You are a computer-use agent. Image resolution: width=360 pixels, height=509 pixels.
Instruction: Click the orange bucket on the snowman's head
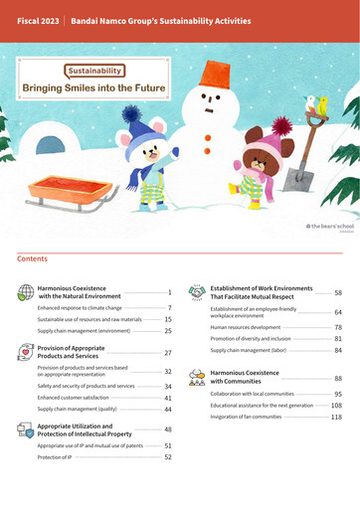click(x=217, y=74)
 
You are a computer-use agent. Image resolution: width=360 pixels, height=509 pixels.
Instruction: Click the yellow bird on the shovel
click(x=320, y=104)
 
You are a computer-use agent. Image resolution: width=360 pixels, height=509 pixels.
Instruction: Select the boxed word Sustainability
click(x=95, y=71)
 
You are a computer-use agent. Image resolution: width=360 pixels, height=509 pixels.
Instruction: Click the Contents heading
click(x=32, y=258)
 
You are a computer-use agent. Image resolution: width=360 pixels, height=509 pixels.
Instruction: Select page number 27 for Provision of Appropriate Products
click(x=169, y=353)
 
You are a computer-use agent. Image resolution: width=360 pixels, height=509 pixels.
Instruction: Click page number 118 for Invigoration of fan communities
click(x=336, y=418)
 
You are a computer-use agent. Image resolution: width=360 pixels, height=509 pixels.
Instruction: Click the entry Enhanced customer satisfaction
click(x=77, y=398)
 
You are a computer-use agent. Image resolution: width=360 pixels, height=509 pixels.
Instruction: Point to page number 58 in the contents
click(x=338, y=293)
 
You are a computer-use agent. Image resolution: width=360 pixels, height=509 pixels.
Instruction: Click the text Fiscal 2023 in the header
click(x=37, y=20)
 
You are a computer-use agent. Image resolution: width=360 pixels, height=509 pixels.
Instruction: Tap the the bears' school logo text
click(x=330, y=228)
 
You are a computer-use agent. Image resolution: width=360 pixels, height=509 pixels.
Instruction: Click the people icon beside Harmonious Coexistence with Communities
click(x=196, y=376)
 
